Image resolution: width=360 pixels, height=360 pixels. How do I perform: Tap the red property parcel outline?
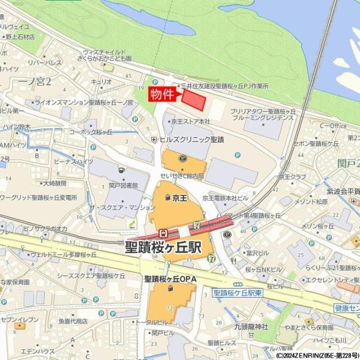click(x=194, y=100)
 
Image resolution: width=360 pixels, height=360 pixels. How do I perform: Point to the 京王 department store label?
click(x=179, y=197)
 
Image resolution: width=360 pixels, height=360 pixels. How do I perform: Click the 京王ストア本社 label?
click(x=191, y=121)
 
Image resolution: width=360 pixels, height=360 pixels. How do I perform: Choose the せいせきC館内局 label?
click(x=182, y=176)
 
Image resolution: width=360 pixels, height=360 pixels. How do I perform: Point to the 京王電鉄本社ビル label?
click(x=225, y=197)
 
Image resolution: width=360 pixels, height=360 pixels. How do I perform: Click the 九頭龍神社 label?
click(x=251, y=326)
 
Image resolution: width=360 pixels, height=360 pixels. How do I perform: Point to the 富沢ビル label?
click(x=257, y=253)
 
